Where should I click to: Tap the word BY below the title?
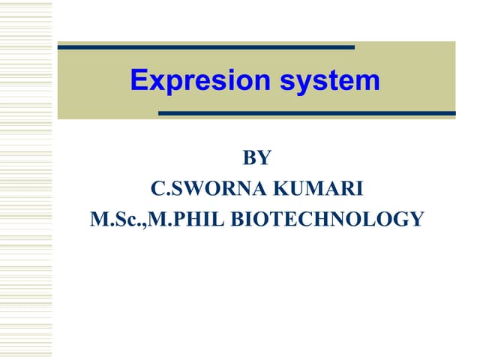(256, 158)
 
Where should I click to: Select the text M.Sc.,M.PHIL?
(157, 220)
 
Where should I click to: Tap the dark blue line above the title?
(205, 47)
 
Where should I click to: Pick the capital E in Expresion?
(139, 80)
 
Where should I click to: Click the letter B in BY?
(250, 158)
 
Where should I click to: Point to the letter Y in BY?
(263, 158)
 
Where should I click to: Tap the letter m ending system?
(370, 80)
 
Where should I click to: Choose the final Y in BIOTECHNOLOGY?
(417, 220)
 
